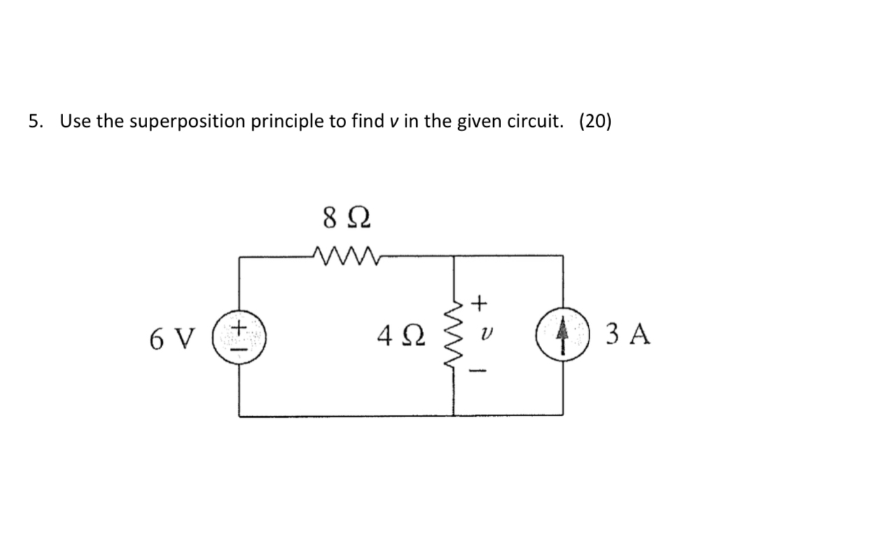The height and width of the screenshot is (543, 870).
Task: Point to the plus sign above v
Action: point(480,303)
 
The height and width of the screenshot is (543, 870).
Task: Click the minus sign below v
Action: point(481,369)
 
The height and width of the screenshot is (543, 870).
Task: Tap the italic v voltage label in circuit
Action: point(481,336)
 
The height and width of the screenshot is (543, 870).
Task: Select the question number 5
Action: point(34,122)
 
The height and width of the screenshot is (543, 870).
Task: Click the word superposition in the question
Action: point(184,122)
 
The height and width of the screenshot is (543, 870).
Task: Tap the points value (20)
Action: point(595,122)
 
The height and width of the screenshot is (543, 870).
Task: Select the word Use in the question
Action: point(75,122)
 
